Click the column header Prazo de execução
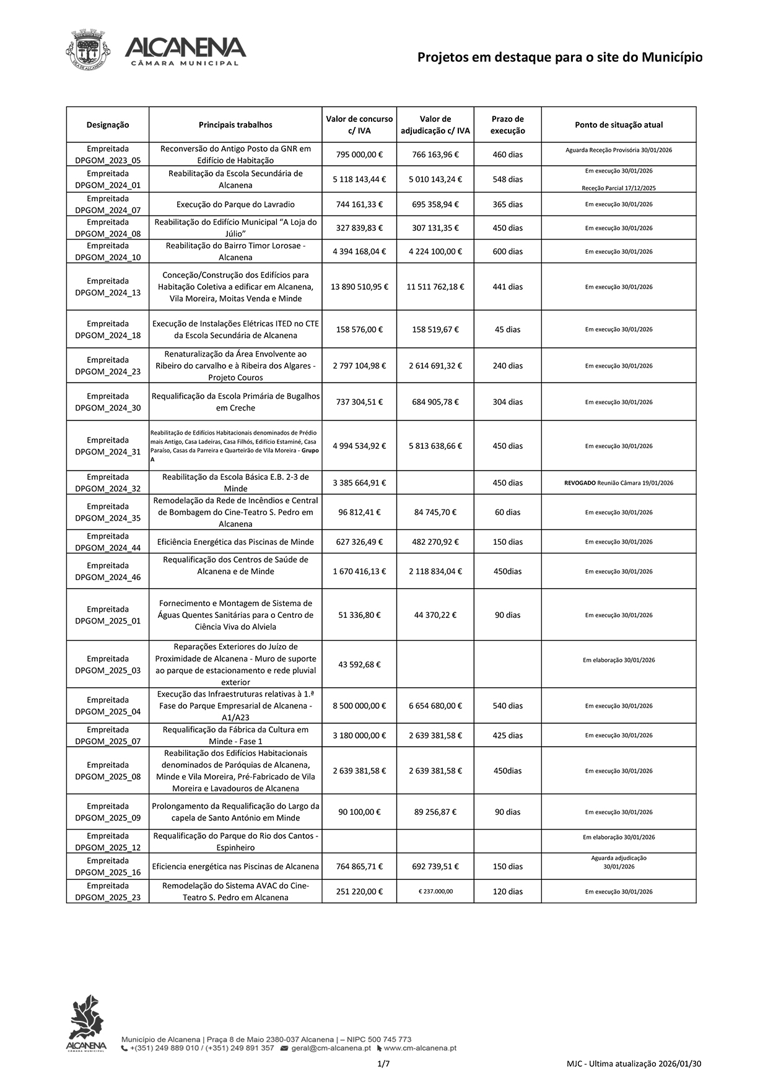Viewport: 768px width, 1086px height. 507,124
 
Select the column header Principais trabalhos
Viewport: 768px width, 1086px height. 235,124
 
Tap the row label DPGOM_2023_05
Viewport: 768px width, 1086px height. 108,160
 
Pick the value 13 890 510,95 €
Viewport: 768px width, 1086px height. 359,287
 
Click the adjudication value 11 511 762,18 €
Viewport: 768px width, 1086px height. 435,287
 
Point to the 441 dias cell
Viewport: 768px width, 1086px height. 507,287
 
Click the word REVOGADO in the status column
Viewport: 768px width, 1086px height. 580,483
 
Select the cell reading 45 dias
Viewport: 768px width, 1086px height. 507,329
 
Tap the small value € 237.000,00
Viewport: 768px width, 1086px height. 435,892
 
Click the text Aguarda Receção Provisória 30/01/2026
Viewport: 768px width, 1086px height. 619,150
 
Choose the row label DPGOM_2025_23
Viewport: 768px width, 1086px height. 108,897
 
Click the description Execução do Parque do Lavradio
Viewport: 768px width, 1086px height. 235,204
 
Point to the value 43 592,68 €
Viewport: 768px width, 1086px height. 359,664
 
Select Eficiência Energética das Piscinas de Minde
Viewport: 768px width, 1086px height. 235,542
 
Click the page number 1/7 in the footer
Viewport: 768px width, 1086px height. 383,1064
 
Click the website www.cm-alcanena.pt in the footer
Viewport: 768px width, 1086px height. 420,1048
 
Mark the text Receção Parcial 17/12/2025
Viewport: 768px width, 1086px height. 619,188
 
